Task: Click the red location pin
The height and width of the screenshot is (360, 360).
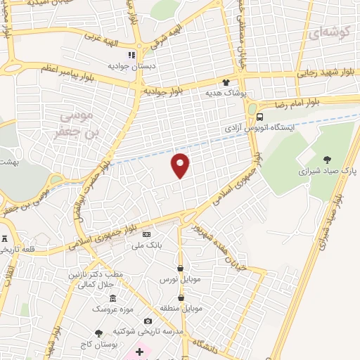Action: [x=181, y=165]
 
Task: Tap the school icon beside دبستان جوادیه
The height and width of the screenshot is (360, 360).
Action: [x=131, y=55]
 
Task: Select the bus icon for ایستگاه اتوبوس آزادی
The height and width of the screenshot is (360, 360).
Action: [x=260, y=117]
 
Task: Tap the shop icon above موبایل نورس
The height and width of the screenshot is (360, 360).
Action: [x=181, y=268]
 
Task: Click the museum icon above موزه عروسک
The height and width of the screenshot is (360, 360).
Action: [x=112, y=298]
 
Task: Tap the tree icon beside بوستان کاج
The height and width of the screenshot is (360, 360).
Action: [x=98, y=333]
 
